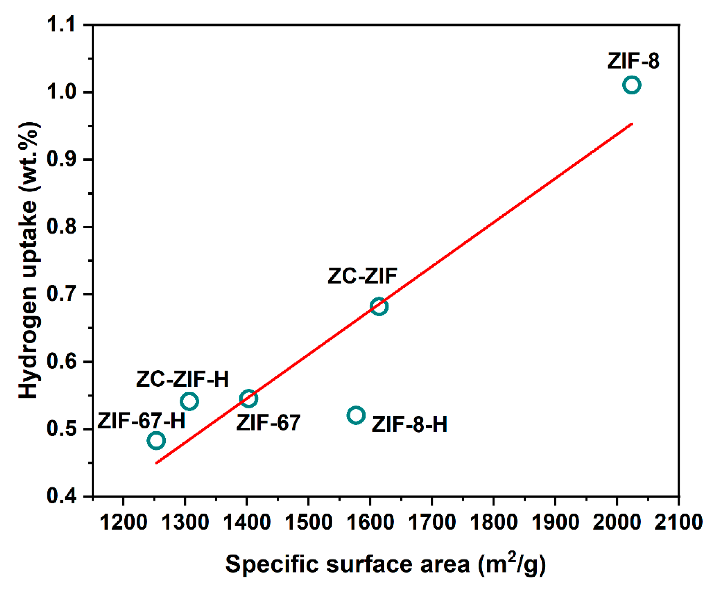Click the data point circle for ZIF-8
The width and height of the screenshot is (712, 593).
click(632, 85)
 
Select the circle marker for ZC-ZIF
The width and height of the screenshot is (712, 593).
click(379, 306)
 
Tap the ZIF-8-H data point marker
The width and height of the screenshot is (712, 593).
click(356, 415)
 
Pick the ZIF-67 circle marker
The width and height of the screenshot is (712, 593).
click(248, 398)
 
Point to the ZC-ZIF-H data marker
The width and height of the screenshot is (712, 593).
click(190, 401)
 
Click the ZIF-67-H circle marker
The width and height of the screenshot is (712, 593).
click(156, 440)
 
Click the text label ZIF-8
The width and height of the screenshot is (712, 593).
click(633, 61)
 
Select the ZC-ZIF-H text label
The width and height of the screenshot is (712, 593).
click(182, 379)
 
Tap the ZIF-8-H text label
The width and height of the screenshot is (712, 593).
click(409, 424)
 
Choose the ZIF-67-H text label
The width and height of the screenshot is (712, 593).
click(141, 421)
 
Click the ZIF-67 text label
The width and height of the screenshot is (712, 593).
click(268, 423)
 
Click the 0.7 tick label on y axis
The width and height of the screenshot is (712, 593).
click(61, 294)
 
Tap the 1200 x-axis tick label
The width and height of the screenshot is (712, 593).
click(123, 522)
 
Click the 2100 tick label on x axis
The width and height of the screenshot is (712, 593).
click(678, 522)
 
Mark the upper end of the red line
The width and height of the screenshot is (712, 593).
click(632, 124)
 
